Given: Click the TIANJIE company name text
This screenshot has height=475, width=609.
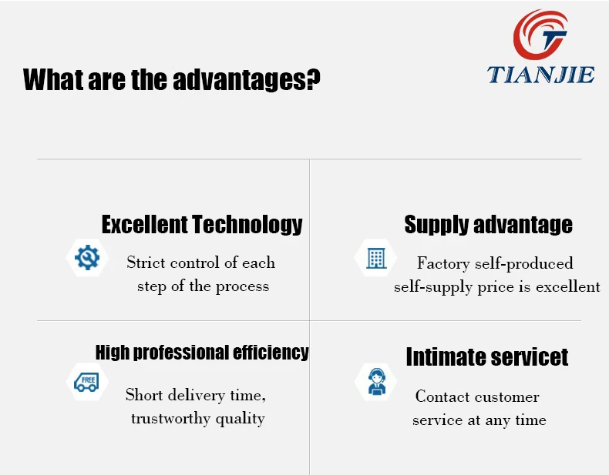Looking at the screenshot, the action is pyautogui.click(x=540, y=75).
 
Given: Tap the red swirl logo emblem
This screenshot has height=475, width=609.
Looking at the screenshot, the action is pyautogui.click(x=540, y=34).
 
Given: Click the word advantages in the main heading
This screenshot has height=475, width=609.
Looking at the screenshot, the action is pyautogui.click(x=247, y=80).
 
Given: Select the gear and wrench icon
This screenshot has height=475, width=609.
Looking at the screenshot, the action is pyautogui.click(x=87, y=257).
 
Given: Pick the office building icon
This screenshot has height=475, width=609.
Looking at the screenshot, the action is pyautogui.click(x=376, y=258).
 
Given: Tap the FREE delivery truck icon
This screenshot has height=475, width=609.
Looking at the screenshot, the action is pyautogui.click(x=86, y=383).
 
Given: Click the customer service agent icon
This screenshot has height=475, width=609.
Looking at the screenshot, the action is pyautogui.click(x=376, y=382).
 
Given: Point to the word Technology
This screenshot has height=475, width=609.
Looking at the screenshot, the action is pyautogui.click(x=247, y=225).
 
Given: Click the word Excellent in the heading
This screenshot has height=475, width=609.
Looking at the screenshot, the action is pyautogui.click(x=144, y=224).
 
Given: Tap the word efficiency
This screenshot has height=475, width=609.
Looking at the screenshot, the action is pyautogui.click(x=271, y=353).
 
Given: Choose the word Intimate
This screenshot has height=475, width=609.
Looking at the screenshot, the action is pyautogui.click(x=445, y=356).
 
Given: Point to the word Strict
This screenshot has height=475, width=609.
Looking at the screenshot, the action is pyautogui.click(x=146, y=263).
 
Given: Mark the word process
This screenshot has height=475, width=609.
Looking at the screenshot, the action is pyautogui.click(x=242, y=287).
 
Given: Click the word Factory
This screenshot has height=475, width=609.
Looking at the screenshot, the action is pyautogui.click(x=443, y=264).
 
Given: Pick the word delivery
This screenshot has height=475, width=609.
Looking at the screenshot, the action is pyautogui.click(x=197, y=396).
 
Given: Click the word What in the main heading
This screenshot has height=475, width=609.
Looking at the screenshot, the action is pyautogui.click(x=53, y=79).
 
